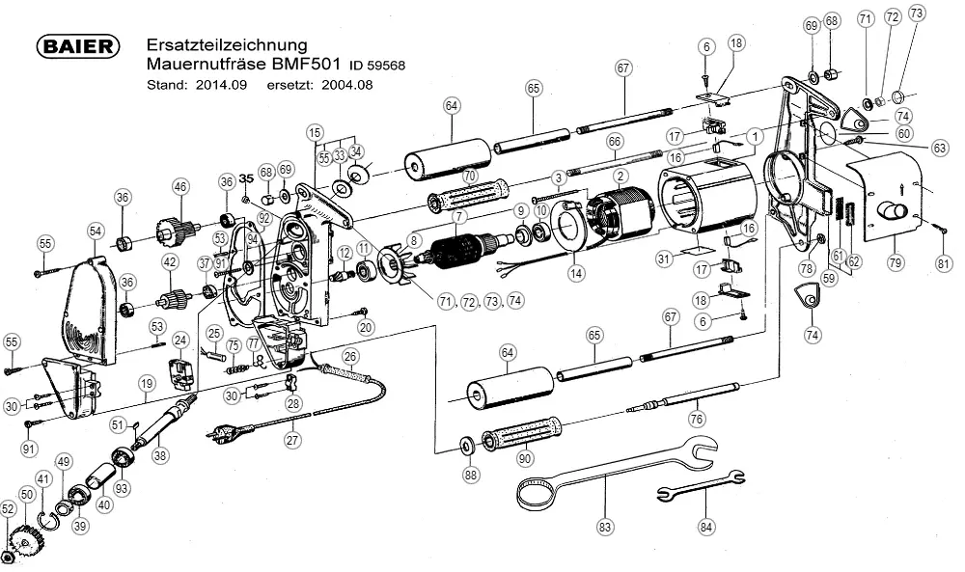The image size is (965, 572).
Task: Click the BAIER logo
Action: pos(77,47)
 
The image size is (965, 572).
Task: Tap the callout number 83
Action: pos(605,528)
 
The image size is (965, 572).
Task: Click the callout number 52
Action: pos(9,508)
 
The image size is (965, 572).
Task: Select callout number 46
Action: pos(179,186)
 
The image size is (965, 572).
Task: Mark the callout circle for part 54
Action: pos(95,231)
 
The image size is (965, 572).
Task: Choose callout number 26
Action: pos(351,357)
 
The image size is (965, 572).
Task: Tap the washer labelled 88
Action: pos(465,446)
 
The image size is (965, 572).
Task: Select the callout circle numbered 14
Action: pos(576,274)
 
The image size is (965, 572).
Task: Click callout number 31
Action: pos(663,258)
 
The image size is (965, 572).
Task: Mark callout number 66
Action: pos(614,141)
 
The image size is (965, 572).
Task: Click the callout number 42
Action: pos(170,261)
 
